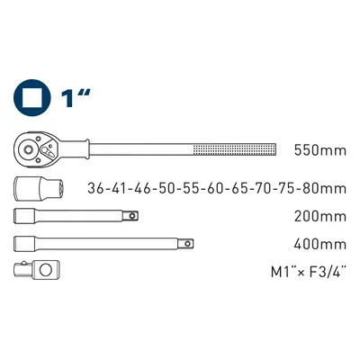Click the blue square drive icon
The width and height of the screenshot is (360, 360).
pyautogui.click(x=32, y=98)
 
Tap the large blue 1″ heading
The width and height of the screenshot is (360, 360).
pyautogui.click(x=75, y=98)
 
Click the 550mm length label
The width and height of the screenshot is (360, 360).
pyautogui.click(x=319, y=150)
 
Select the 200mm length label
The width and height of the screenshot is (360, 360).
pyautogui.click(x=319, y=216)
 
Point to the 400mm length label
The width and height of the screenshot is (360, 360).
pyautogui.click(x=319, y=244)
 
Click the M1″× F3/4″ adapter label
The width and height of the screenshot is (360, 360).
pyautogui.click(x=307, y=272)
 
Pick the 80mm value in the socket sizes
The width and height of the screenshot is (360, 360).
pyautogui.click(x=324, y=188)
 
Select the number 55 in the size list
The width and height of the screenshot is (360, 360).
pyautogui.click(x=191, y=188)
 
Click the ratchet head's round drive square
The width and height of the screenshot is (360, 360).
pyautogui.click(x=28, y=149)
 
